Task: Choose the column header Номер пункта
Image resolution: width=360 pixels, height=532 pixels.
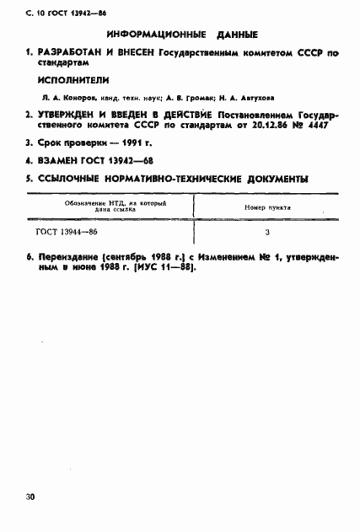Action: click(268, 207)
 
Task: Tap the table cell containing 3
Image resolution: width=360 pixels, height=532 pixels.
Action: click(266, 230)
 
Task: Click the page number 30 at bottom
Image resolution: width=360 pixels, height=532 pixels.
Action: click(30, 497)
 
